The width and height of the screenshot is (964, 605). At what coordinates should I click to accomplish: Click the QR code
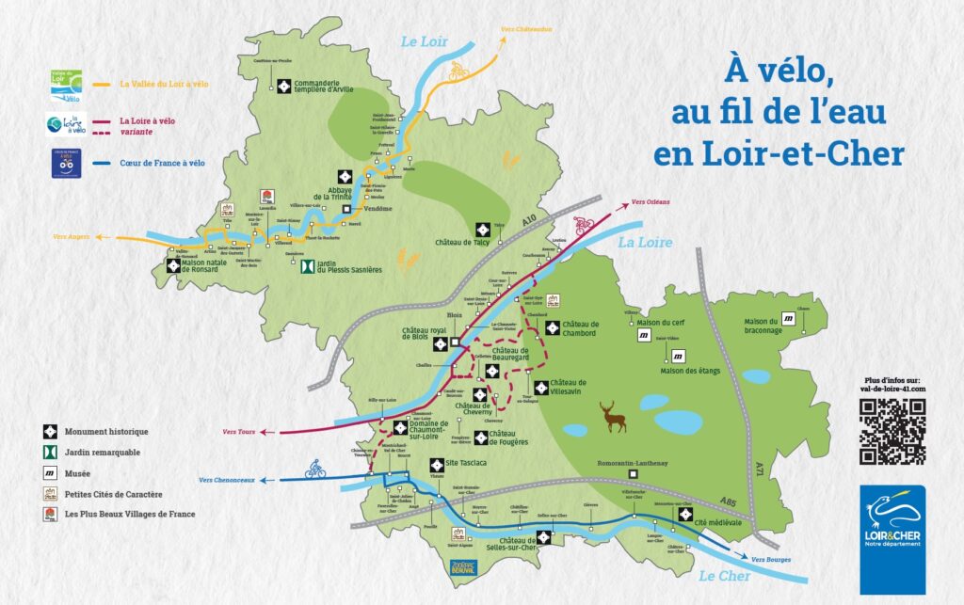[x=892, y=431]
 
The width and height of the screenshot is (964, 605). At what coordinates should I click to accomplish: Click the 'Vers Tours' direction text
[x=239, y=432]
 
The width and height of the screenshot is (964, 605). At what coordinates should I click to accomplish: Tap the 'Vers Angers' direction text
[x=72, y=236]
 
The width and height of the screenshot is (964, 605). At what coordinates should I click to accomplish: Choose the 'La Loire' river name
[x=645, y=242]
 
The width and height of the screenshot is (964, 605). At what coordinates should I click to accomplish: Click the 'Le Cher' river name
[x=719, y=576]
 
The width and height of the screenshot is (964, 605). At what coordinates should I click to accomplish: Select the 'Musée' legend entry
[x=77, y=470]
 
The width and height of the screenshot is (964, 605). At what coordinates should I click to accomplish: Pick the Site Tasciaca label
[x=466, y=463]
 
